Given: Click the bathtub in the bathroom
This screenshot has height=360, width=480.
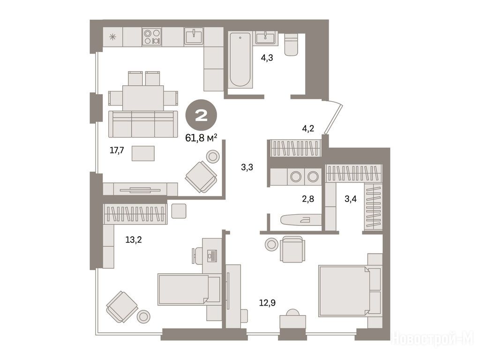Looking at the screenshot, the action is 240,60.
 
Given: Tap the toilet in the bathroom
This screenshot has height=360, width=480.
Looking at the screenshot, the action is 291,45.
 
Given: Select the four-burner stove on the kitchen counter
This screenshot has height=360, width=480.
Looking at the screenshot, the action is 152,37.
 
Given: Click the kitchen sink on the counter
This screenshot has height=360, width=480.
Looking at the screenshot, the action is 194,36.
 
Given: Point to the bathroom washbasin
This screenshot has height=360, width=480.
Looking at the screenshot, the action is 265,38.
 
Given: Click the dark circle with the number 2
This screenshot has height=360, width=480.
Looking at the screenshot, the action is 202,115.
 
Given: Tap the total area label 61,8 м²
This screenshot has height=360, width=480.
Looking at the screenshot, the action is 202,138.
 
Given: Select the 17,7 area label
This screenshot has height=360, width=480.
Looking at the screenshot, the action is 117,150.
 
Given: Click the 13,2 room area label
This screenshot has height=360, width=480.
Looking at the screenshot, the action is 134,240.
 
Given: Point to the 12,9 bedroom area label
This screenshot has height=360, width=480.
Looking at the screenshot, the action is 267,303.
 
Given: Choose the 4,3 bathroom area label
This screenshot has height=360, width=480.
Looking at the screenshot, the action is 267,58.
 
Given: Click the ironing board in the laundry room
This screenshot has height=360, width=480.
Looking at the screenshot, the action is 300,219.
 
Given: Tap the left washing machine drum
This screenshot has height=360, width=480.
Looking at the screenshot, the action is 296,176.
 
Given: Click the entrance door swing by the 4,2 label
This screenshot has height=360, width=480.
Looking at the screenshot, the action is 334,118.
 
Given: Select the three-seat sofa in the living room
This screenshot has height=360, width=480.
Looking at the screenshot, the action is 143,124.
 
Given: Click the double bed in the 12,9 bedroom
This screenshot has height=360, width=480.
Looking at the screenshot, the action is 350,291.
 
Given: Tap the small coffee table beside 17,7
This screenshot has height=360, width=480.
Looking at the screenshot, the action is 143,153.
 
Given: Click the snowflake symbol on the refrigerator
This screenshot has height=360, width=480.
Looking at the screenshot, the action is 113,37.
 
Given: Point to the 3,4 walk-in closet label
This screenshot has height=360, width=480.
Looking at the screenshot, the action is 351,199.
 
